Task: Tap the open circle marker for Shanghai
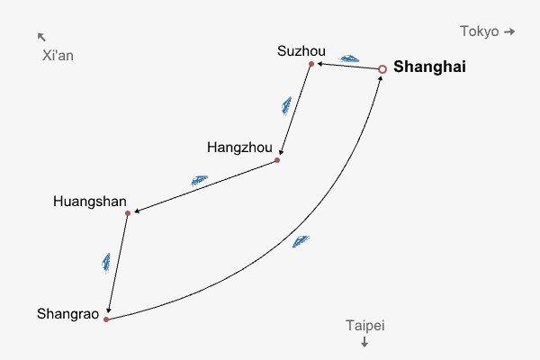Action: pyautogui.click(x=382, y=68)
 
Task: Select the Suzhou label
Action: pyautogui.click(x=301, y=50)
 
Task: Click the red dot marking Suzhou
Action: pyautogui.click(x=311, y=64)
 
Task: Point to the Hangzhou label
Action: pyautogui.click(x=238, y=147)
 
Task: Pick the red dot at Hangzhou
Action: pyautogui.click(x=277, y=160)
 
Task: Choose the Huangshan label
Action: pyautogui.click(x=90, y=200)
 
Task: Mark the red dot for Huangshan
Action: pyautogui.click(x=128, y=213)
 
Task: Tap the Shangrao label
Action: pyautogui.click(x=67, y=314)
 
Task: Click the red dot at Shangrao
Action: pyautogui.click(x=106, y=319)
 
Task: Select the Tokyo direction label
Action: pyautogui.click(x=479, y=31)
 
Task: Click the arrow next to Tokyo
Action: pyautogui.click(x=509, y=31)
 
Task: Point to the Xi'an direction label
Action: pyautogui.click(x=58, y=56)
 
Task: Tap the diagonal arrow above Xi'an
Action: pyautogui.click(x=41, y=37)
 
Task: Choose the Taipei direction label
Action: pyautogui.click(x=364, y=326)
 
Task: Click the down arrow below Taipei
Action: pyautogui.click(x=364, y=342)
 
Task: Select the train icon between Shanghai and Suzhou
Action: pyautogui.click(x=348, y=57)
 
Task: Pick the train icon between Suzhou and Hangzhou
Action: pyautogui.click(x=286, y=106)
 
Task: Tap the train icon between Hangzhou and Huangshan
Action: pyautogui.click(x=199, y=180)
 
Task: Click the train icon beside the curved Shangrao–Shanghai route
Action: pyautogui.click(x=301, y=241)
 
